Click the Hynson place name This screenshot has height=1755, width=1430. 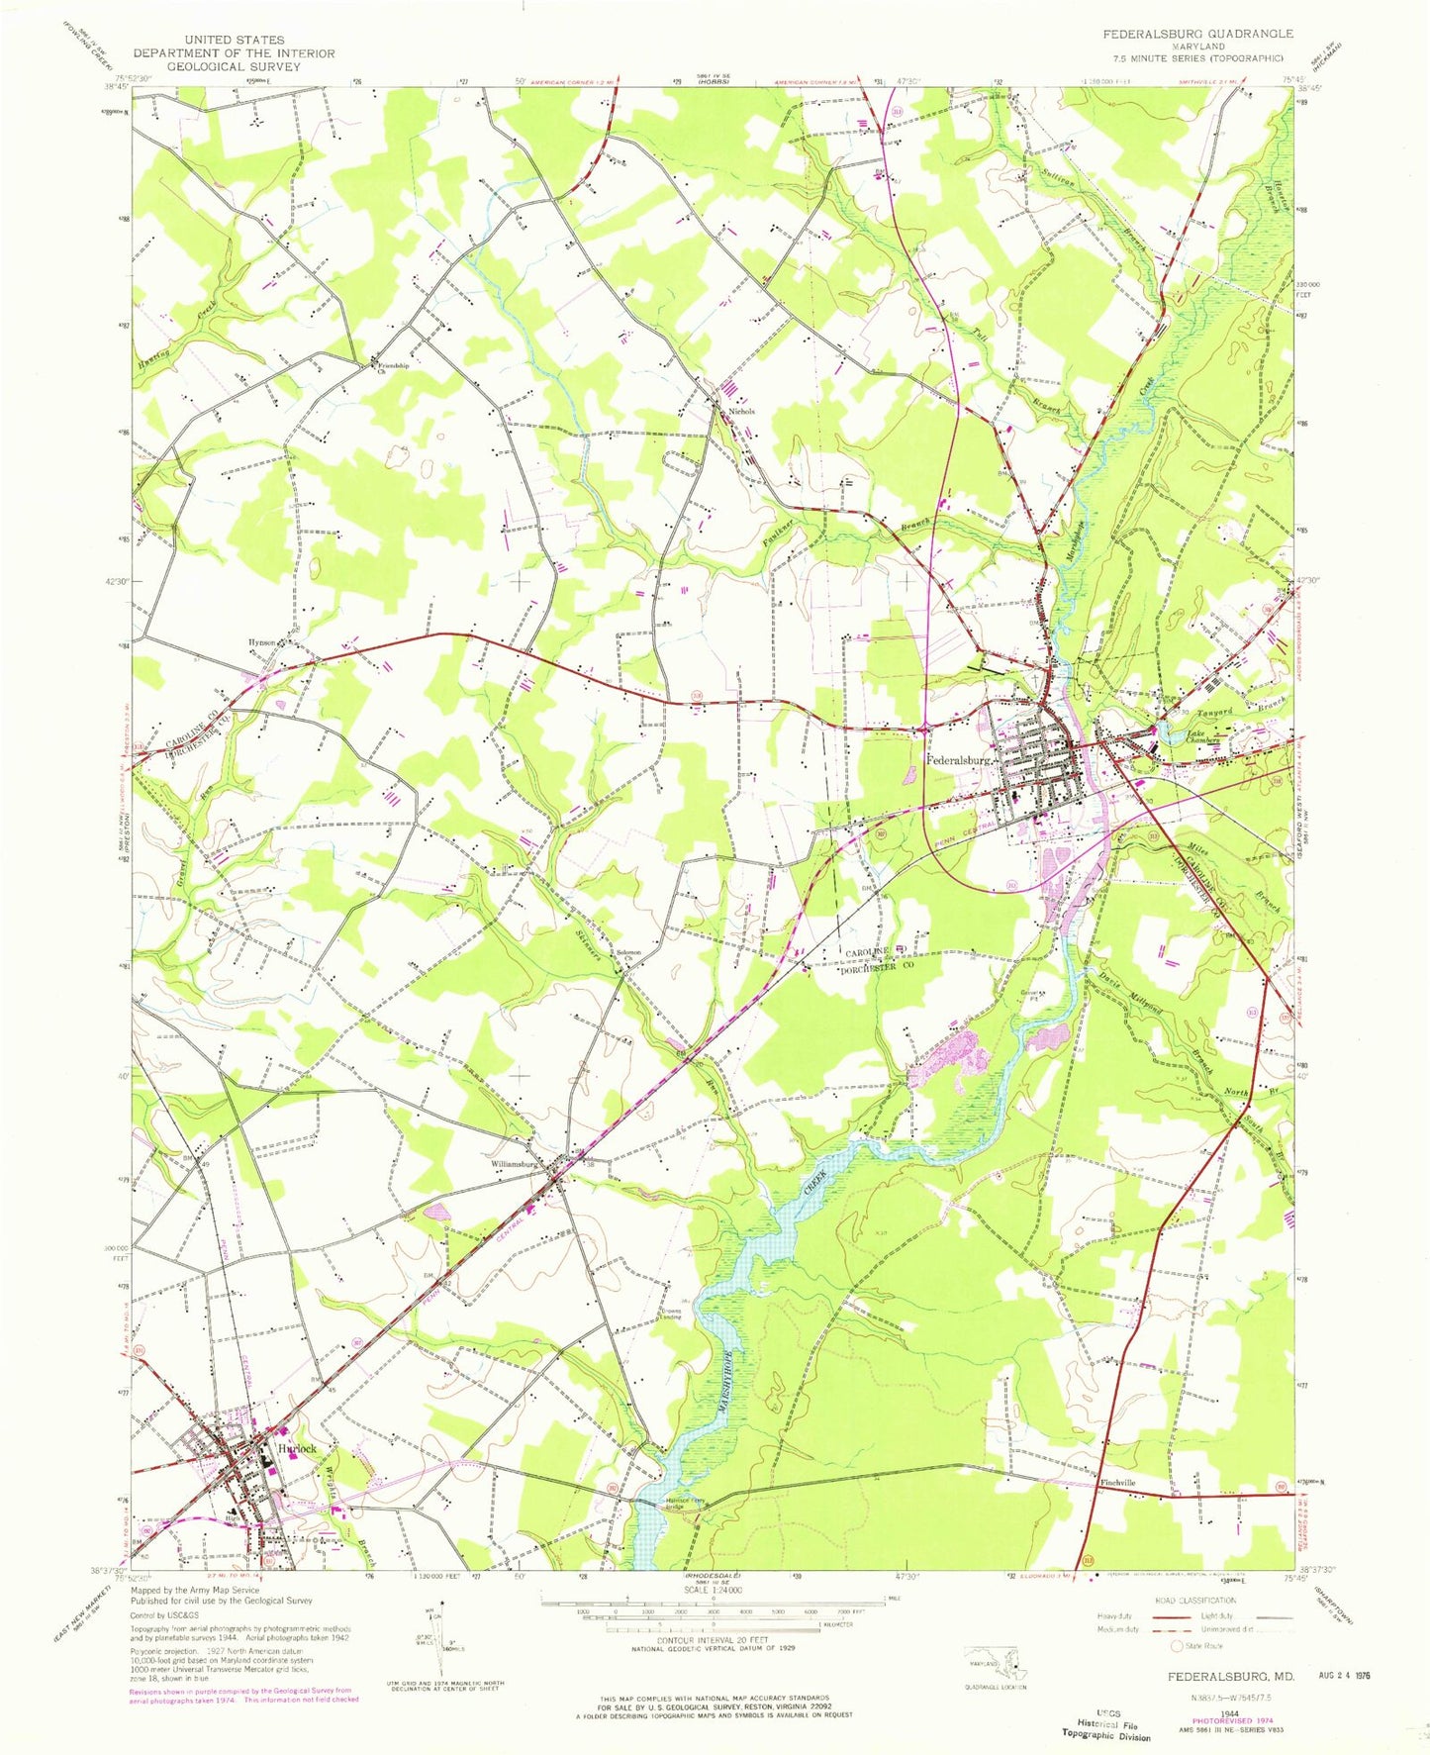coord(262,641)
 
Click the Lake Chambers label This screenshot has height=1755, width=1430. coord(1206,737)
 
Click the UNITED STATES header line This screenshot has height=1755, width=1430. coord(234,40)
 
